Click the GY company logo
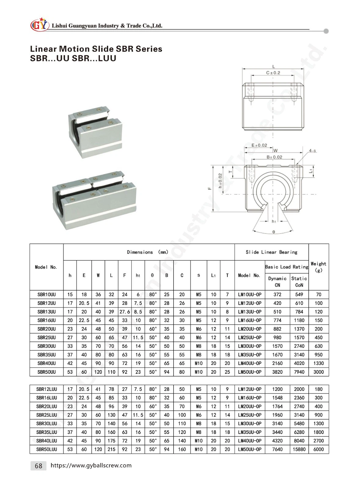39,25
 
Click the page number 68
39,466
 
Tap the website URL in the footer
91,465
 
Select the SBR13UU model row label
46,312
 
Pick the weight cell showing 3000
318,372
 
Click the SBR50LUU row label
46,449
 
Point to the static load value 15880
299,449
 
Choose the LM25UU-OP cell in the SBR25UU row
250,337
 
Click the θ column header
152,275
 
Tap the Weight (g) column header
318,267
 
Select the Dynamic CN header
277,281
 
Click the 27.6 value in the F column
124,312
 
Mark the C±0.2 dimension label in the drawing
273,73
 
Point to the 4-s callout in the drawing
312,151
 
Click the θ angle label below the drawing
274,232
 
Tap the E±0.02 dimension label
259,145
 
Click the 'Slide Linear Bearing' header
271,252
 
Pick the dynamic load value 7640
277,449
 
